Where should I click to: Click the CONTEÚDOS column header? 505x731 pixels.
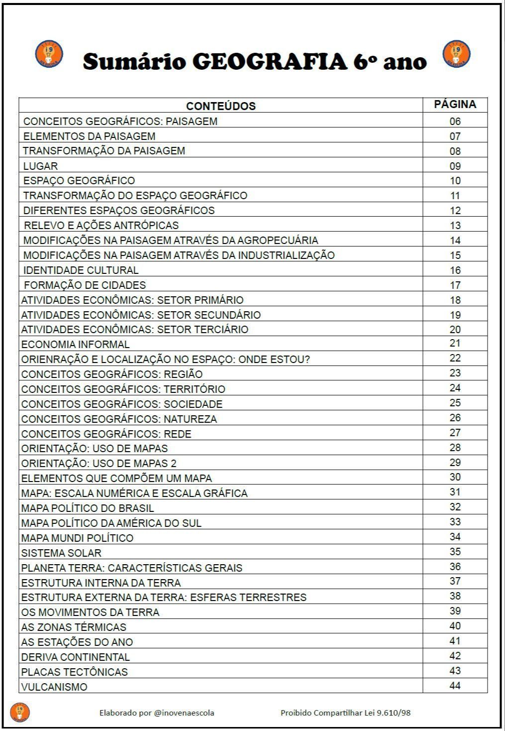click(x=221, y=106)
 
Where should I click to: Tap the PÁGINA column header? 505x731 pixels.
click(x=455, y=105)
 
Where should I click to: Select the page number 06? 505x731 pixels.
click(x=455, y=122)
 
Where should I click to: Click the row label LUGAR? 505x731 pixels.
click(x=40, y=166)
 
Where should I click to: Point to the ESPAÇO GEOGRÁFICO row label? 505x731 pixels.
click(x=79, y=181)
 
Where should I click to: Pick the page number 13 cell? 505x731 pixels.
click(x=455, y=226)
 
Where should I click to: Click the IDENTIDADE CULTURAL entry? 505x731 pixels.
click(x=81, y=270)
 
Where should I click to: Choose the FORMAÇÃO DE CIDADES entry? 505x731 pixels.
click(x=85, y=285)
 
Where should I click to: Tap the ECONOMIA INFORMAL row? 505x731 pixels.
click(x=75, y=345)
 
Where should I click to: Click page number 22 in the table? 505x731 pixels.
click(x=455, y=359)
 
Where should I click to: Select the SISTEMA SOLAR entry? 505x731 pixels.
click(x=61, y=553)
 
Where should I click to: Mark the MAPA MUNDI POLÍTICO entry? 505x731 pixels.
click(x=77, y=538)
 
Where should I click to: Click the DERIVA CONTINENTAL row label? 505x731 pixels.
click(x=75, y=657)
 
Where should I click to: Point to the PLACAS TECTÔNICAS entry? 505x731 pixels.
click(x=74, y=672)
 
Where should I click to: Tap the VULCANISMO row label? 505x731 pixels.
click(x=54, y=687)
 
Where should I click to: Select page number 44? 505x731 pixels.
click(x=455, y=686)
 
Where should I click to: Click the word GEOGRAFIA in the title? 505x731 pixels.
click(x=269, y=62)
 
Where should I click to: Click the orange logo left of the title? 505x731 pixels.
click(x=49, y=54)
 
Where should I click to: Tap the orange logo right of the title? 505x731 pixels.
click(x=456, y=54)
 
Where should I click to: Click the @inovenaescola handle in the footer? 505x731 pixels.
click(x=184, y=713)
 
